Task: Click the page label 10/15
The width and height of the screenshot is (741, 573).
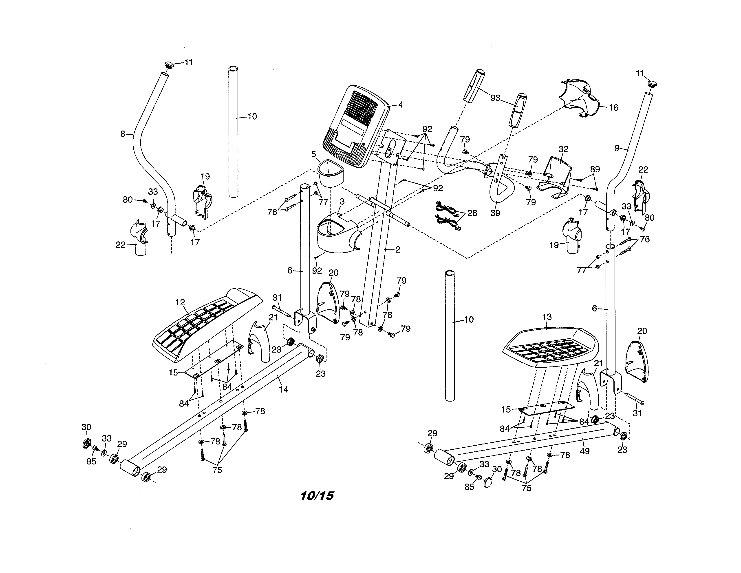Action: [x=317, y=496]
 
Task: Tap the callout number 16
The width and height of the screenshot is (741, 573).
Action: [x=613, y=108]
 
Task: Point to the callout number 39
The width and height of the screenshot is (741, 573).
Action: [x=495, y=213]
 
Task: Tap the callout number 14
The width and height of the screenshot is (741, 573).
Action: [x=283, y=389]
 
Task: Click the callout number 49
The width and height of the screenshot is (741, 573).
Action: [x=584, y=451]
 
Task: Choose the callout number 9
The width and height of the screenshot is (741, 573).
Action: [x=617, y=148]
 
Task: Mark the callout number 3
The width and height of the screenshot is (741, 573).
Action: [x=342, y=202]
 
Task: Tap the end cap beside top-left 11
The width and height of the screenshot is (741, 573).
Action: [x=169, y=64]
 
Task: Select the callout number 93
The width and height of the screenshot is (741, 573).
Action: [x=495, y=98]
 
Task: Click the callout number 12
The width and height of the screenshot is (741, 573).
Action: [x=180, y=302]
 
